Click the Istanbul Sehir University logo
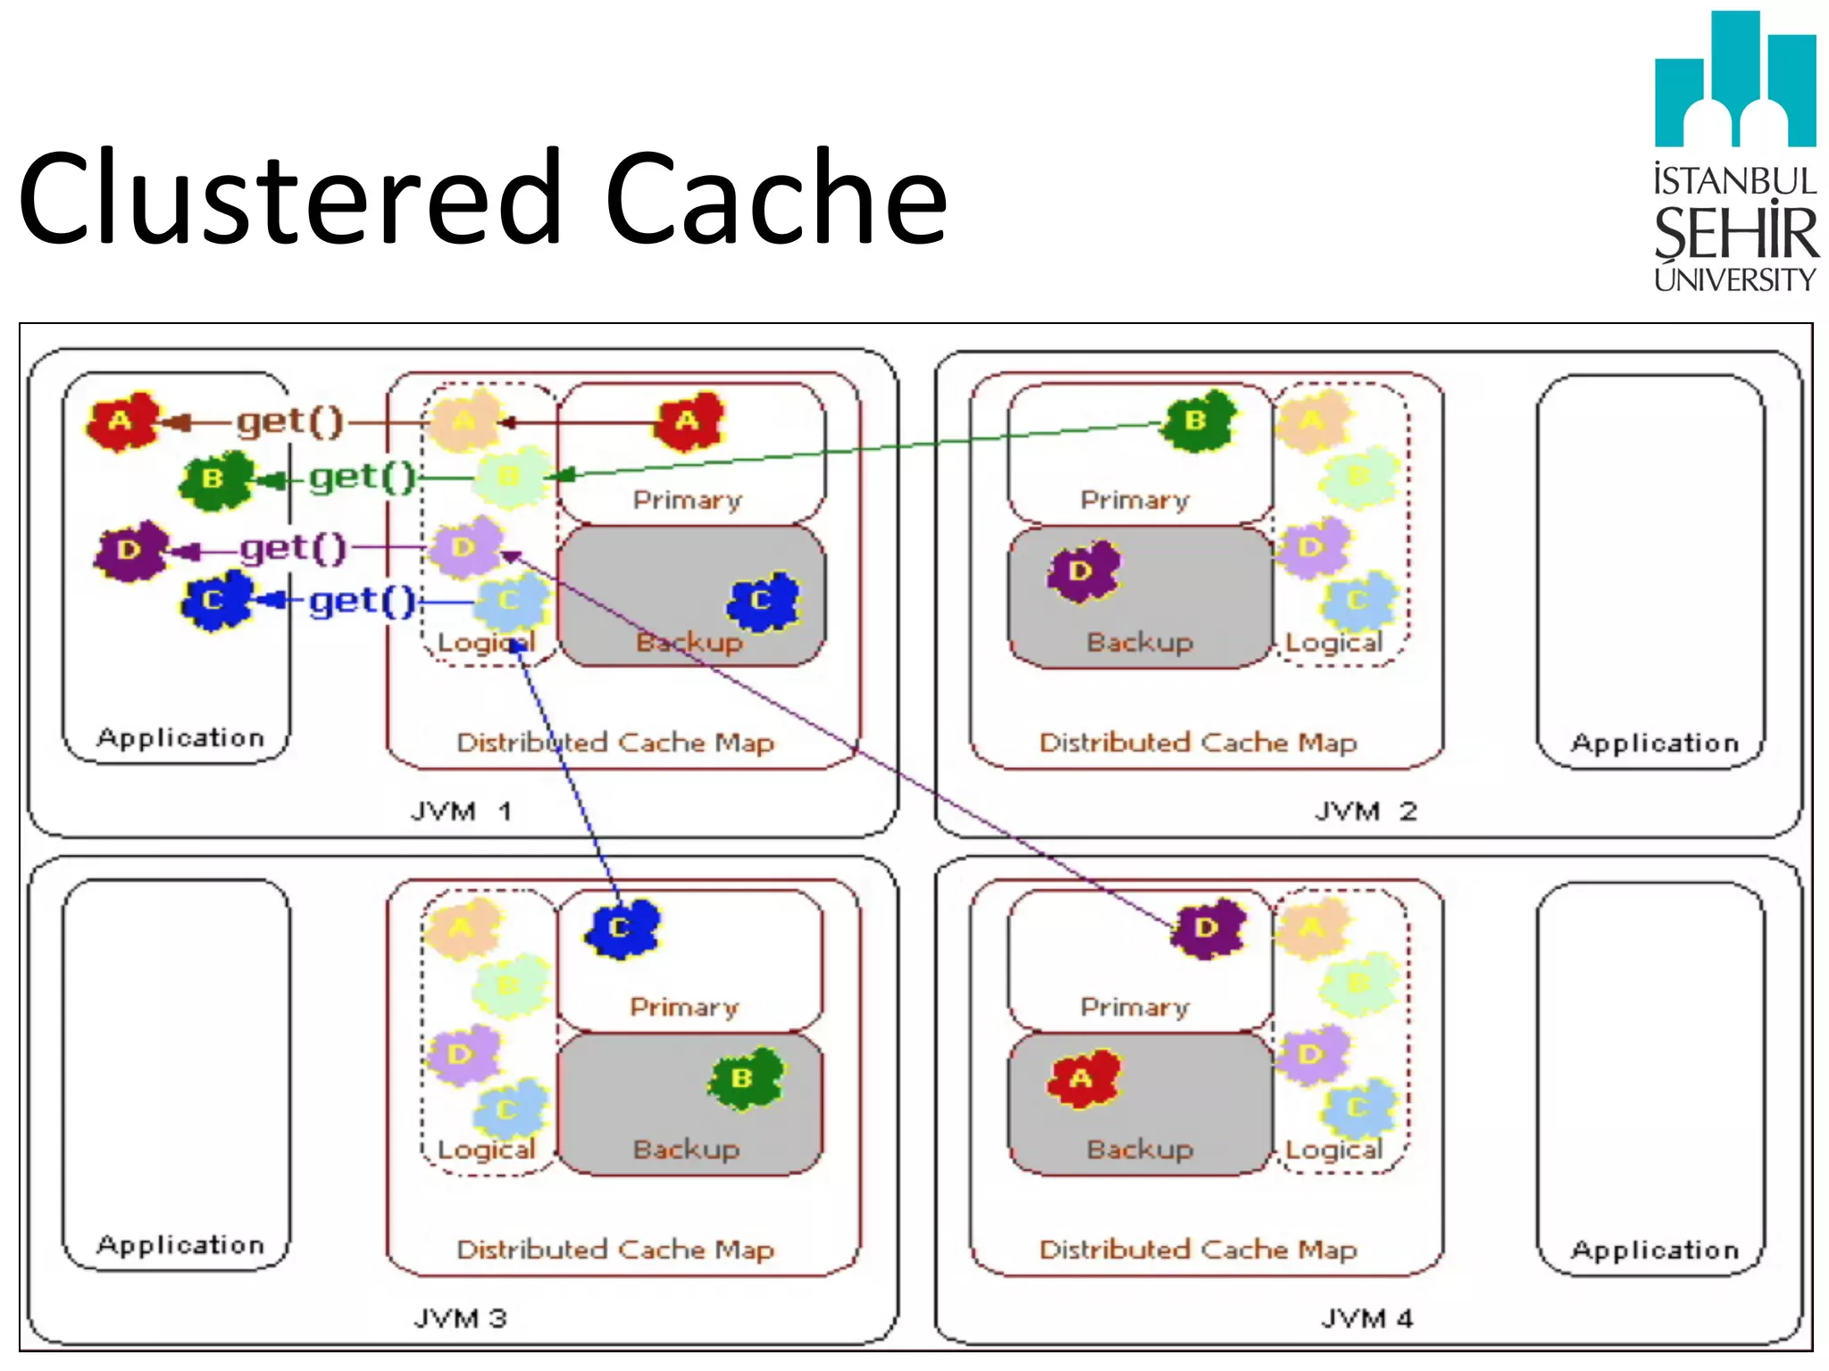pyautogui.click(x=1734, y=152)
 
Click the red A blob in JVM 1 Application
pyautogui.click(x=122, y=420)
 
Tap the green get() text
pyautogui.click(x=362, y=478)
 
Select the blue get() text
pyautogui.click(x=362, y=602)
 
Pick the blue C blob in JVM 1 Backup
pyautogui.click(x=763, y=601)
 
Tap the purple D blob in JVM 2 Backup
pyautogui.click(x=1082, y=570)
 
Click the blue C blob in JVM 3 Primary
pyautogui.click(x=622, y=928)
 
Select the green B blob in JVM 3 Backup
pyautogui.click(x=744, y=1078)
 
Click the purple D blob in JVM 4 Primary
pyautogui.click(x=1207, y=928)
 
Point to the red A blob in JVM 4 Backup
pyautogui.click(x=1082, y=1078)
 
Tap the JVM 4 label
pyautogui.click(x=1366, y=1318)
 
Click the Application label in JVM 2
pyautogui.click(x=1654, y=743)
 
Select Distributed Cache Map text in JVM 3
pyautogui.click(x=615, y=1250)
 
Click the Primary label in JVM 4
pyautogui.click(x=1135, y=1007)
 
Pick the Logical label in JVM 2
pyautogui.click(x=1333, y=642)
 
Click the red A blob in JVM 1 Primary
pyautogui.click(x=688, y=420)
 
